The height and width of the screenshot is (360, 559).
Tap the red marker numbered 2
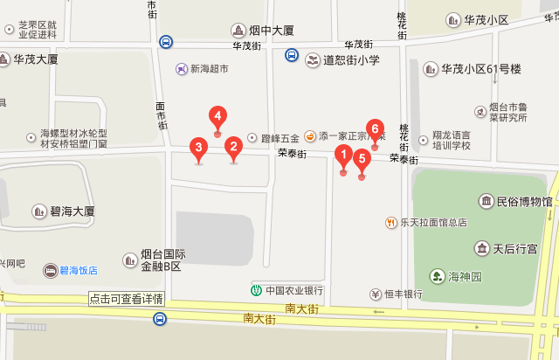[233, 148]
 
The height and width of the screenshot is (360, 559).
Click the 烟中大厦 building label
[272, 31]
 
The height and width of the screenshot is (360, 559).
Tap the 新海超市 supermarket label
[209, 68]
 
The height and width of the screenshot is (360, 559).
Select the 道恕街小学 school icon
[313, 60]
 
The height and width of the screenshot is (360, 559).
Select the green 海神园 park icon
[436, 277]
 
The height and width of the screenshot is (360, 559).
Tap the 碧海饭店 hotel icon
[52, 271]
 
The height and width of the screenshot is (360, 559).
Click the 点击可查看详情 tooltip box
[126, 299]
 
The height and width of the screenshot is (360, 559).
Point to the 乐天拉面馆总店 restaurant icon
[391, 222]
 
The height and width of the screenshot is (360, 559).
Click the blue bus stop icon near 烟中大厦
[166, 40]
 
